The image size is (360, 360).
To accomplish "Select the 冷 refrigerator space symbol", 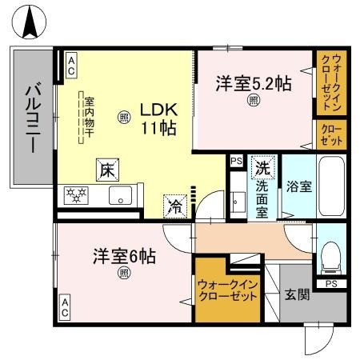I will [174, 204].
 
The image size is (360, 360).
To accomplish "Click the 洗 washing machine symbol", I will [262, 168].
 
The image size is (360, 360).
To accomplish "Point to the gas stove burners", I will [78, 195].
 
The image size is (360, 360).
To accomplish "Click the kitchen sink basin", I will [120, 195].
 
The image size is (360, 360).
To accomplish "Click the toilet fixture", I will [329, 255].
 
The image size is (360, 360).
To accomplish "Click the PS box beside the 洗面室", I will [236, 160].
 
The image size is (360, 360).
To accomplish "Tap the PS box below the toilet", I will [330, 283].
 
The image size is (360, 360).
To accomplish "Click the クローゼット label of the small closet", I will [330, 134].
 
